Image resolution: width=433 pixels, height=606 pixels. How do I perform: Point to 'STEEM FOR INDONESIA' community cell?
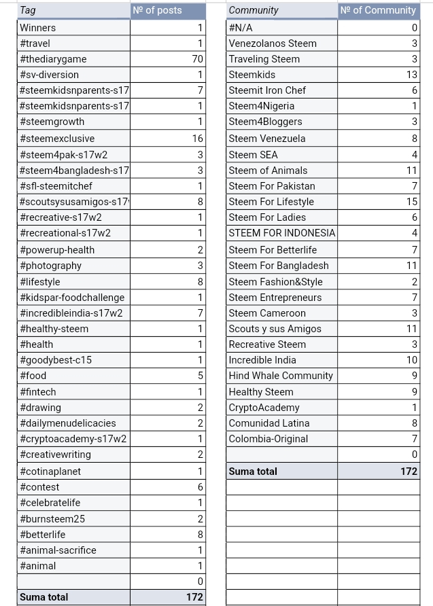tap(282, 233)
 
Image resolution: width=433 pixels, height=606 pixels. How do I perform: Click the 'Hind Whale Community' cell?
tap(281, 376)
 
